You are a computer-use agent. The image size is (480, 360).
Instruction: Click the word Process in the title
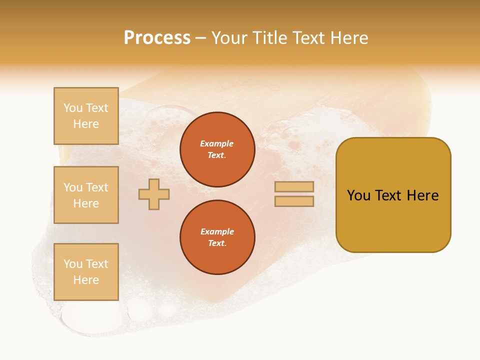[157, 38]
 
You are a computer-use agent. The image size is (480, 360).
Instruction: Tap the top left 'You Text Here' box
[86, 116]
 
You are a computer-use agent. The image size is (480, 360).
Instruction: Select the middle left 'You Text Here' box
[86, 195]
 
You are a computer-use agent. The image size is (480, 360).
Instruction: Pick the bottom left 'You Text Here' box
[86, 272]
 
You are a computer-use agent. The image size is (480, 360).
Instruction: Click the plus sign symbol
[154, 194]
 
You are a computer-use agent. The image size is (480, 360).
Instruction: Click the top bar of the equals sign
[294, 187]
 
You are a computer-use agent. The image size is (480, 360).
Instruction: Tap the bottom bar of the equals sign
[294, 201]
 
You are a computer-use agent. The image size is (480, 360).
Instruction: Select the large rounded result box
[393, 220]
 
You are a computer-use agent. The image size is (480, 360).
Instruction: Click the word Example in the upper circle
[217, 143]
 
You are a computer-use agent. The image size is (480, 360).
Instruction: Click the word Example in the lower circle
[217, 231]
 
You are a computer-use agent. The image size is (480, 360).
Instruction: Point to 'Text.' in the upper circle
[217, 155]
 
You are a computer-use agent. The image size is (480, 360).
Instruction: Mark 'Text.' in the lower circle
[217, 243]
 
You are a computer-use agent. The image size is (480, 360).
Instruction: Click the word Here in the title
[348, 38]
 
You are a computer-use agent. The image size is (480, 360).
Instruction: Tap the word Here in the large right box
[422, 195]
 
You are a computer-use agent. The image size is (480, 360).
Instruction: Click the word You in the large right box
[359, 195]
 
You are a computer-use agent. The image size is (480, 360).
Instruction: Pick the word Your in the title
[230, 38]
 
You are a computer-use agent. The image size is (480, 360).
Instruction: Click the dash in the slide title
[200, 38]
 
